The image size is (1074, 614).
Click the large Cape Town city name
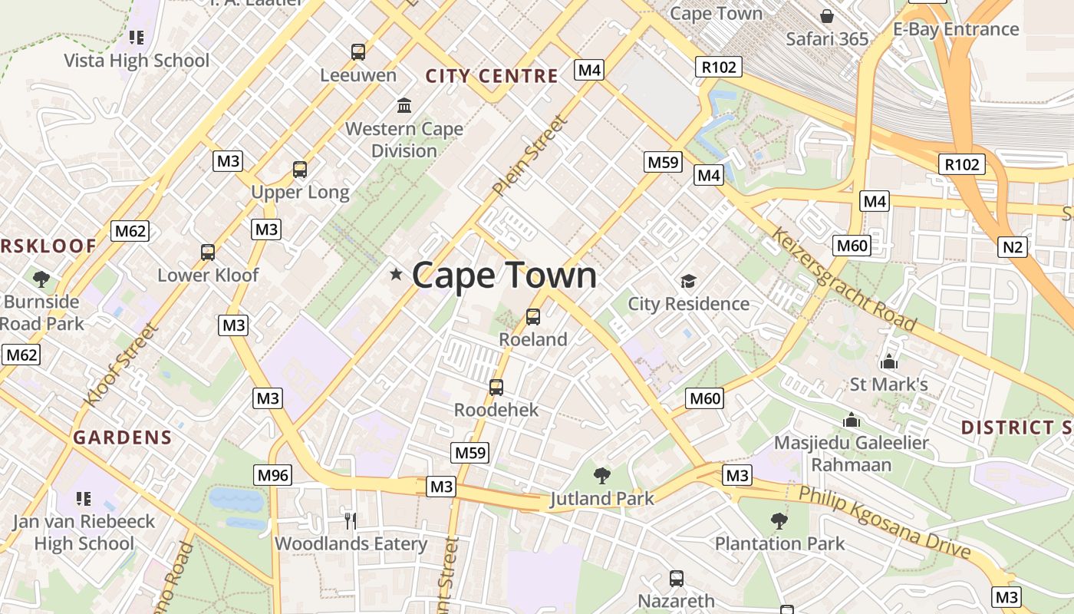504,276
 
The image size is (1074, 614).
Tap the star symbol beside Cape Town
396,274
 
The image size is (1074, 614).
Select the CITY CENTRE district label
492,76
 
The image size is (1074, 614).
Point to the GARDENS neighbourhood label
123,437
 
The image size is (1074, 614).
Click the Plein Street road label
531,156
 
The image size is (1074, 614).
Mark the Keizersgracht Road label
844,279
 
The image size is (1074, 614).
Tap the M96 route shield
273,475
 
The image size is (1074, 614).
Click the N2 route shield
1013,246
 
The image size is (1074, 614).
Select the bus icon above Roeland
533,316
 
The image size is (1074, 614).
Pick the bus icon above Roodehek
496,387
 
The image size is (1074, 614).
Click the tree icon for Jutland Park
602,475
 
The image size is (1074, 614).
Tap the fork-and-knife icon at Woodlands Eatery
351,521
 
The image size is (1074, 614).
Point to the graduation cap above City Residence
688,281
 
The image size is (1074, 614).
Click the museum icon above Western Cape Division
404,105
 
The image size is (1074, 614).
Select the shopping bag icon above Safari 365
827,15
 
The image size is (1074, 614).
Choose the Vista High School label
137,61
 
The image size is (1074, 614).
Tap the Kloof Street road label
120,365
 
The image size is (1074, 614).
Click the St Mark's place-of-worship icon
889,361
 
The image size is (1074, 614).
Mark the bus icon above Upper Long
300,170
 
